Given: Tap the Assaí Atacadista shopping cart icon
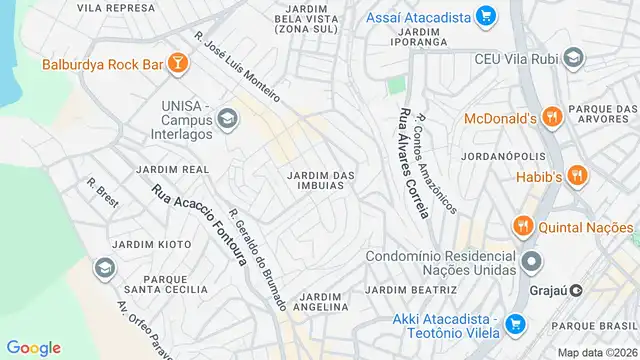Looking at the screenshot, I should pos(486,15).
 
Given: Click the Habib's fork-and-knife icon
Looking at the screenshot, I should pos(576,176).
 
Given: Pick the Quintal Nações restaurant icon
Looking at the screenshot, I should pos(521,226).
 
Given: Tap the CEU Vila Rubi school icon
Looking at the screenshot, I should pos(572,58).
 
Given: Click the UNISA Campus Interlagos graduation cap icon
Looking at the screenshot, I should pos(228,120).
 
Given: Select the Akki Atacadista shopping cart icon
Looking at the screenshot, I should pos(515,324).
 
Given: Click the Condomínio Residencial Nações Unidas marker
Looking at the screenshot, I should pos(531,262).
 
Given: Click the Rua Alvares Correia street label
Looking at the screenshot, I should pos(413,166).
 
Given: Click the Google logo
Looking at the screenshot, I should pos(33,347).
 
